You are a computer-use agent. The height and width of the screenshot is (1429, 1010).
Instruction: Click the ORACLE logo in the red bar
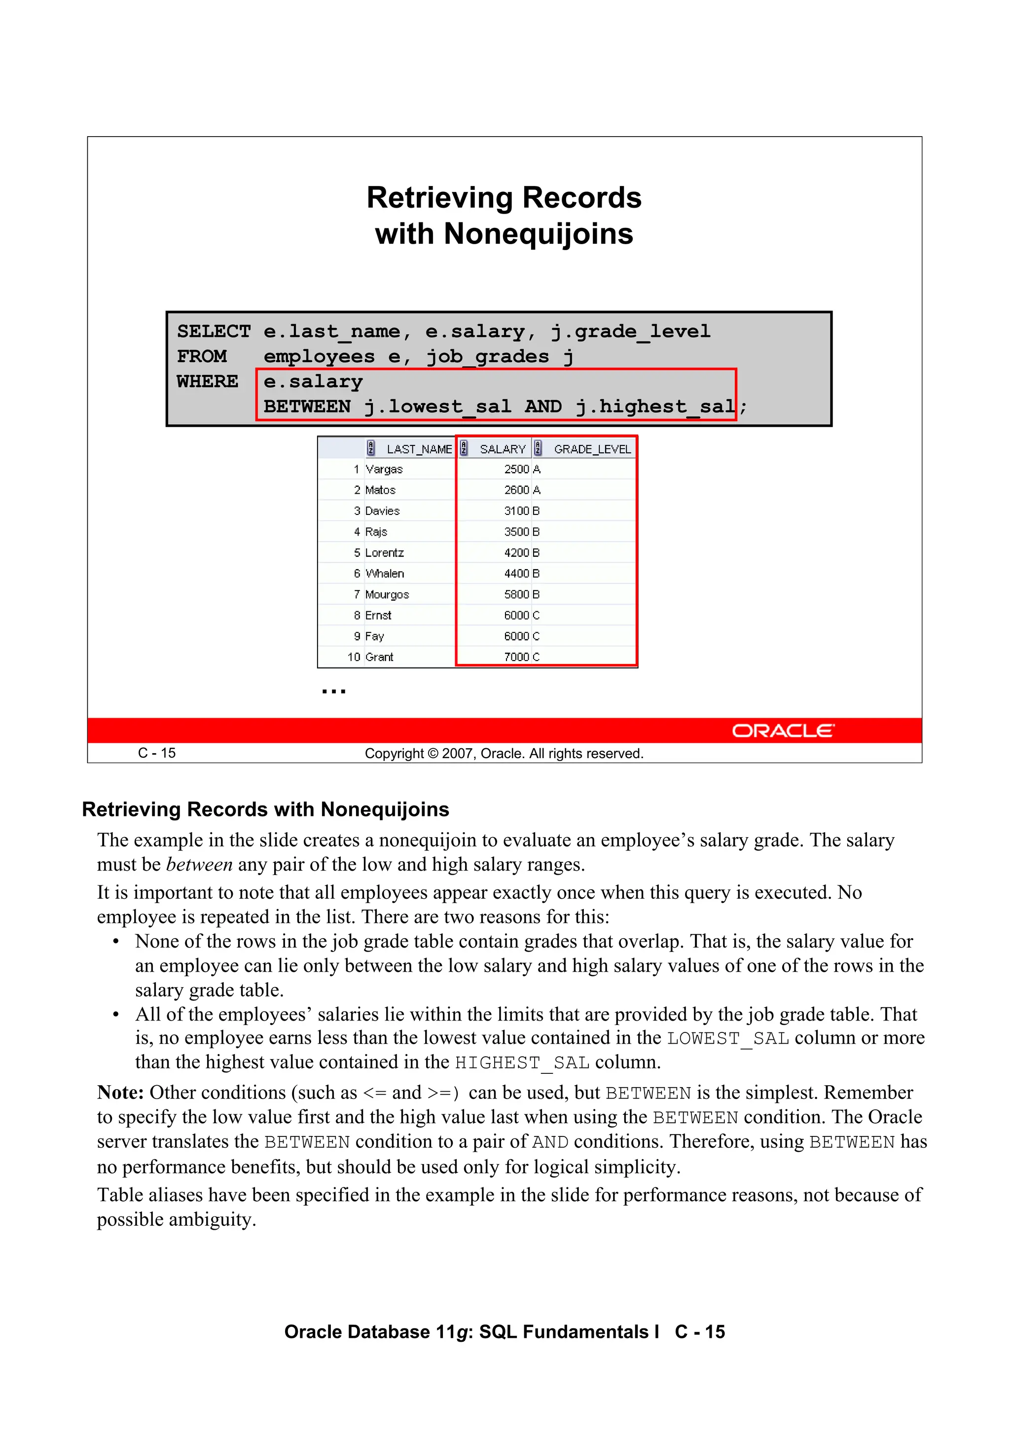click(x=782, y=730)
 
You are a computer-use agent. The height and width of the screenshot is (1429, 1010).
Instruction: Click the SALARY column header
click(x=502, y=449)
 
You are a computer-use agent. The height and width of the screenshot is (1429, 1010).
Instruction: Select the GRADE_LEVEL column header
click(x=592, y=449)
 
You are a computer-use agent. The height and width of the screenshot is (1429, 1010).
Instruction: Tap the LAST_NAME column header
click(x=419, y=449)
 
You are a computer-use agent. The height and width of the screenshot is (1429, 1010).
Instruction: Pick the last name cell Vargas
click(x=384, y=469)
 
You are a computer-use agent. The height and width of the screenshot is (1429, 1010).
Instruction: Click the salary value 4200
click(x=516, y=552)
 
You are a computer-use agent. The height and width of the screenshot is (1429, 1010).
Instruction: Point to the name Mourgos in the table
click(x=387, y=594)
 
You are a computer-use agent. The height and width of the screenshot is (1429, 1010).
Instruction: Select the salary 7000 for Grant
click(x=516, y=657)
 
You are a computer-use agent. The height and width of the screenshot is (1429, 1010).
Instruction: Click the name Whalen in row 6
click(x=385, y=573)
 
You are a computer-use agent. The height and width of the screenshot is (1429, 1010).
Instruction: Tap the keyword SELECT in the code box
click(x=214, y=331)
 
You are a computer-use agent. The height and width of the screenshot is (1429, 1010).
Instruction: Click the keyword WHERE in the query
click(x=207, y=381)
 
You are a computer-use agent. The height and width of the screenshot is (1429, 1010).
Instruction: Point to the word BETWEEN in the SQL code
click(x=307, y=406)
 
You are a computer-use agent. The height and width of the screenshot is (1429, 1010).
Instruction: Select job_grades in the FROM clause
click(x=487, y=357)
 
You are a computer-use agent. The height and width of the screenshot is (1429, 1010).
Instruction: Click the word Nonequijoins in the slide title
click(x=539, y=234)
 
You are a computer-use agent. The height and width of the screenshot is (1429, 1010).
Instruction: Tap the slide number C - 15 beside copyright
click(x=157, y=753)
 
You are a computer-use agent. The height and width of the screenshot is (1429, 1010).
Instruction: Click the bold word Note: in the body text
click(x=121, y=1092)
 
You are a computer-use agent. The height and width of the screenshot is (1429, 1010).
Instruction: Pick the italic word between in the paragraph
click(x=199, y=865)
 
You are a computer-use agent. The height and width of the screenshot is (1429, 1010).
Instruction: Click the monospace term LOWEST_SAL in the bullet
click(x=727, y=1039)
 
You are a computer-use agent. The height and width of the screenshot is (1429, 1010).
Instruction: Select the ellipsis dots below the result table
click(x=333, y=691)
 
